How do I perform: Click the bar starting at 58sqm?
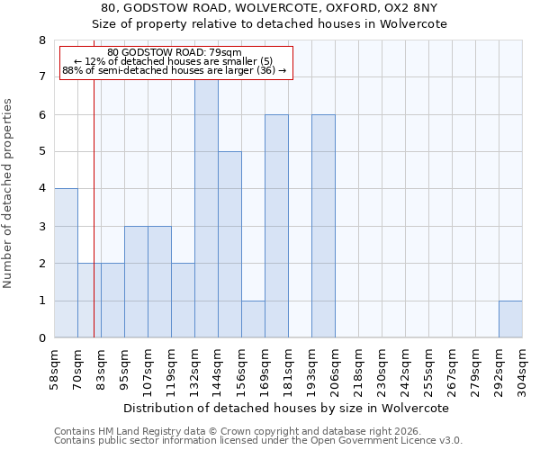tap(66, 263)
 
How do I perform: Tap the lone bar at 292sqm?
tap(510, 319)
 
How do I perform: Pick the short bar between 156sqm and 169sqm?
tap(253, 319)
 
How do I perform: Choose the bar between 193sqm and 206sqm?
tap(323, 226)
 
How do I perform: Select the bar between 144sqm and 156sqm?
tap(229, 245)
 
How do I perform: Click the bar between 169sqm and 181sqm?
tap(276, 226)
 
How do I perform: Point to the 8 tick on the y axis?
tap(41, 40)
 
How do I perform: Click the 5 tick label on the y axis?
tap(41, 152)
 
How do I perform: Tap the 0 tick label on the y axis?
tap(41, 338)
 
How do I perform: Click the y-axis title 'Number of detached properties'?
tap(9, 193)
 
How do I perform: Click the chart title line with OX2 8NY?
tap(270, 8)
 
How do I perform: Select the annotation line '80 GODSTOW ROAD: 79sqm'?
tap(175, 53)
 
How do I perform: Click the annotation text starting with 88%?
tap(175, 70)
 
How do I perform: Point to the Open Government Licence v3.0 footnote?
tap(257, 440)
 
